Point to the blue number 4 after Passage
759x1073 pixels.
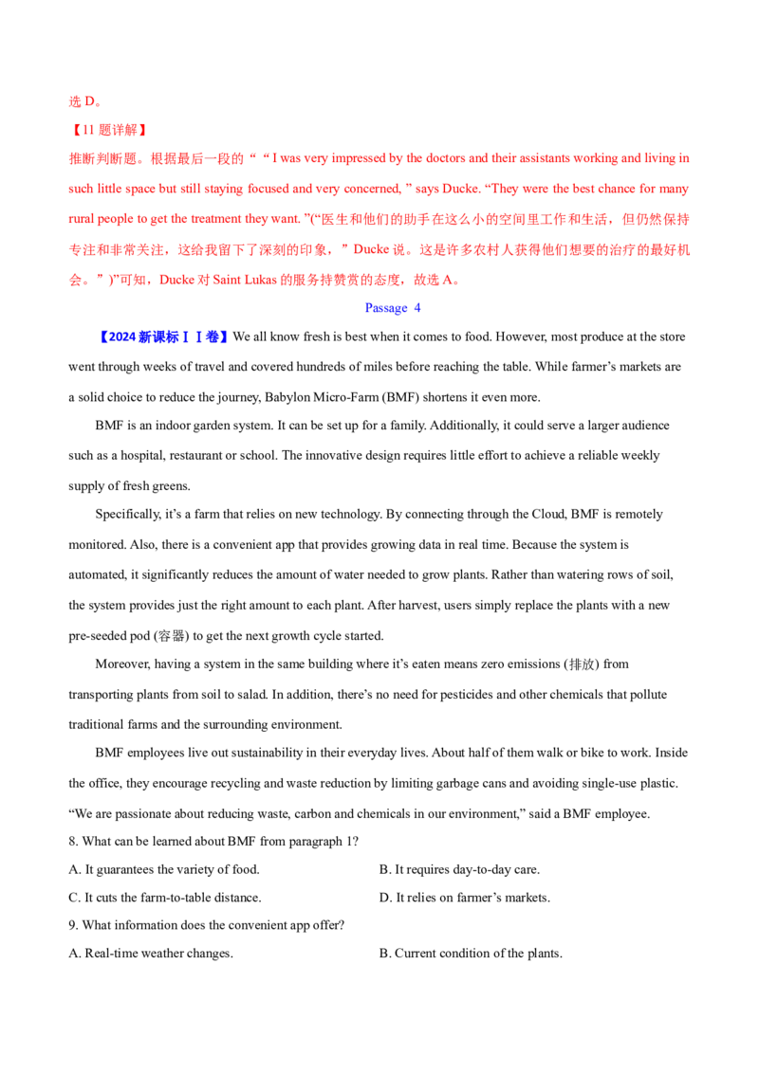(417, 309)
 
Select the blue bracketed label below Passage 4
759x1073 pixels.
(163, 337)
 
